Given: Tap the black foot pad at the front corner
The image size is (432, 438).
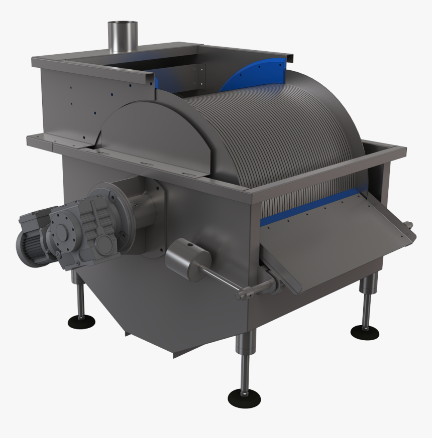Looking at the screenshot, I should coord(244,398).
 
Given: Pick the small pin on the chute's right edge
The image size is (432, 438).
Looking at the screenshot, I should coord(408,225).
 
